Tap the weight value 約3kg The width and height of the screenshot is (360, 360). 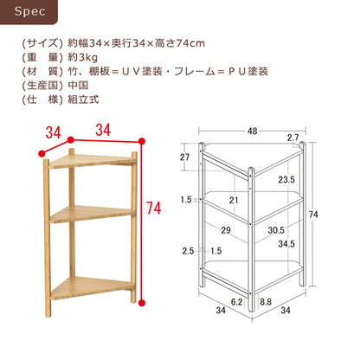pos(80,59)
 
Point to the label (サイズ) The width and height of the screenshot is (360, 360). pos(40,43)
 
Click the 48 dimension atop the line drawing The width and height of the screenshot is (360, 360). pos(252,132)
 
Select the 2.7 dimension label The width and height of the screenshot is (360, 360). pos(292,138)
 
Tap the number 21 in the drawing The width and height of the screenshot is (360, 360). pos(233,201)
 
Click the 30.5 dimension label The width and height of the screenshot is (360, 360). pos(277,230)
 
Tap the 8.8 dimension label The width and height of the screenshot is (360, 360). pos(266,302)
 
